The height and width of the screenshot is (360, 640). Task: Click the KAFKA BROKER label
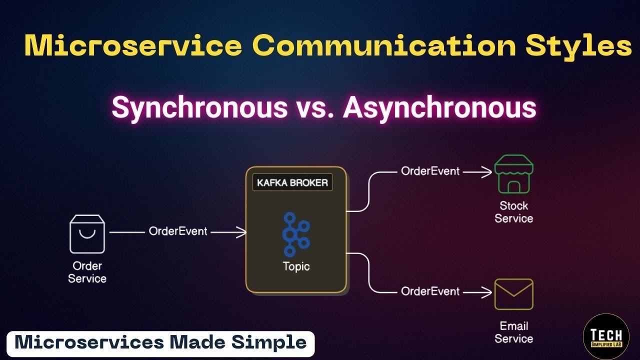click(292, 182)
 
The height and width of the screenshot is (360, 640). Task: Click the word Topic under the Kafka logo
click(296, 266)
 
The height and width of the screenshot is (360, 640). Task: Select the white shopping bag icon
click(87, 234)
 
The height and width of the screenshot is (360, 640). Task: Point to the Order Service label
click(87, 272)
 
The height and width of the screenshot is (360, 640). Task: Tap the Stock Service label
click(514, 212)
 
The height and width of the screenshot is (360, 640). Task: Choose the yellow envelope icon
click(514, 294)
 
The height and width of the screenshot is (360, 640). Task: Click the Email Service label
click(514, 332)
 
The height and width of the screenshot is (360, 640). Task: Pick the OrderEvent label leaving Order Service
click(178, 232)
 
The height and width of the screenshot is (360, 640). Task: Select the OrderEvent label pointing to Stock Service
click(430, 171)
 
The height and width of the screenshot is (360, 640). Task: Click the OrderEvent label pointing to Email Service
click(430, 291)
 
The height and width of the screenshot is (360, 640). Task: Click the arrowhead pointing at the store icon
click(487, 172)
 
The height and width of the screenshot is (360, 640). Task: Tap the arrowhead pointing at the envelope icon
click(487, 292)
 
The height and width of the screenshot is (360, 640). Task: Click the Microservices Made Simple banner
click(160, 343)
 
